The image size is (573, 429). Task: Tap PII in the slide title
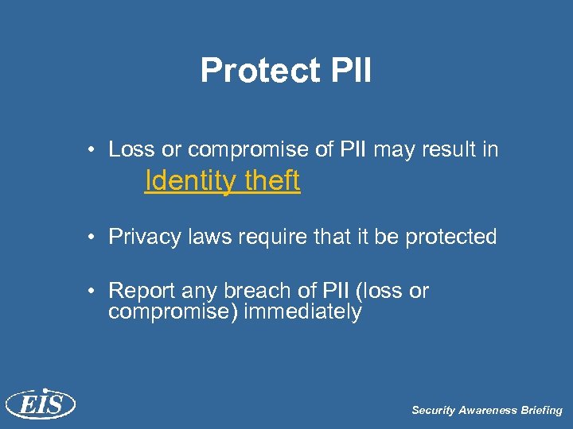(349, 70)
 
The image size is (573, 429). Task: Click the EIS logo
(40, 404)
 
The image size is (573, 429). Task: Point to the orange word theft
(273, 180)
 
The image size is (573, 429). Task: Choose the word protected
(453, 237)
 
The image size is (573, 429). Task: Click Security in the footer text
(433, 411)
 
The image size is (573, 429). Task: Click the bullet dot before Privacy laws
(94, 237)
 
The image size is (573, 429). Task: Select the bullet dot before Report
(94, 292)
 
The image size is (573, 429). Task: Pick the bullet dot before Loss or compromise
(94, 149)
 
